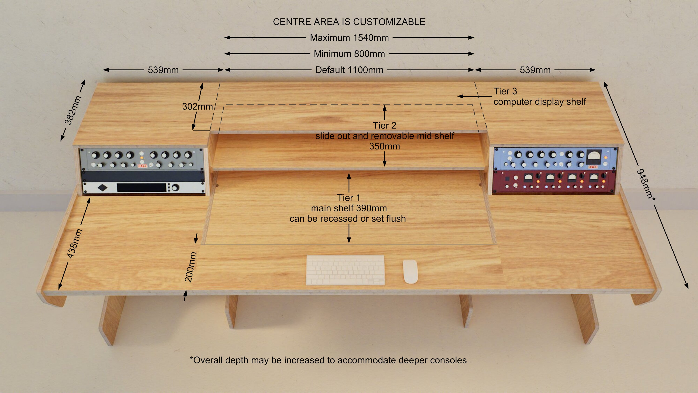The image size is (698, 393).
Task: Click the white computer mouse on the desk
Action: (x=410, y=271)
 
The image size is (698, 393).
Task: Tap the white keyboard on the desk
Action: (x=345, y=270)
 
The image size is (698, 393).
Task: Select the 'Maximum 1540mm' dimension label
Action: (x=349, y=38)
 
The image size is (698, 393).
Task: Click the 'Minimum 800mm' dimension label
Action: (x=349, y=54)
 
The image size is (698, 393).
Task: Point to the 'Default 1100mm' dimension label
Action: (x=349, y=70)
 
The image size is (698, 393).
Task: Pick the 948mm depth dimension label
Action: (x=645, y=184)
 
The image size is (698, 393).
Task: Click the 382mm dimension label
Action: (x=73, y=110)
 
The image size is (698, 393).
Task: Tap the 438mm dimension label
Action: (x=74, y=243)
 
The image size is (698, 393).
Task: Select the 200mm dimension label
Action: (x=191, y=267)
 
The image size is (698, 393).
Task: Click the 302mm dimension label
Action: (x=197, y=106)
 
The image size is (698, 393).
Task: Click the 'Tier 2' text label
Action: (x=385, y=125)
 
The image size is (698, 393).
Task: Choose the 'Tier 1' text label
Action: (x=349, y=198)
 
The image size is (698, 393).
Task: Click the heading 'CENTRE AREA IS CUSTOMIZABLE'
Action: (x=349, y=22)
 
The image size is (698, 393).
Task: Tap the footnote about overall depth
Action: (x=328, y=360)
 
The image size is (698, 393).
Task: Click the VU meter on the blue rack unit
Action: (x=594, y=156)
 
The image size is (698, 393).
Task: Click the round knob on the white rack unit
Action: (x=175, y=188)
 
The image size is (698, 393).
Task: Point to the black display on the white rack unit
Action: (x=141, y=187)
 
